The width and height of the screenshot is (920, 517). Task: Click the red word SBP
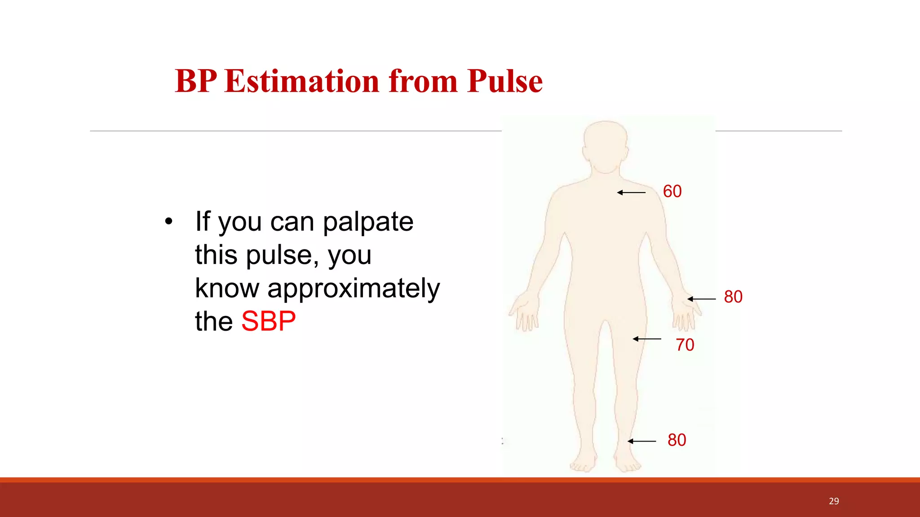(x=268, y=321)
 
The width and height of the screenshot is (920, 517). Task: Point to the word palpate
(x=368, y=222)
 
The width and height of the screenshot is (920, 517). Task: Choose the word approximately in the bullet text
(x=354, y=289)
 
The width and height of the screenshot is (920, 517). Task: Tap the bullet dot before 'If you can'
(x=168, y=221)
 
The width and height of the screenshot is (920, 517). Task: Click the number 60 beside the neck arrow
(x=672, y=192)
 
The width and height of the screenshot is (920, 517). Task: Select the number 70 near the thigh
(x=685, y=345)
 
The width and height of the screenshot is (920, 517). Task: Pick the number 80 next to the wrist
(x=733, y=297)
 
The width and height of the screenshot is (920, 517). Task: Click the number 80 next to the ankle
(x=677, y=440)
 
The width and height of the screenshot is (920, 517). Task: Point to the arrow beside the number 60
(x=631, y=193)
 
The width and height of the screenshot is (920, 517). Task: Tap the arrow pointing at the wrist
(x=701, y=299)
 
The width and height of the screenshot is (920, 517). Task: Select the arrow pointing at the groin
(x=647, y=339)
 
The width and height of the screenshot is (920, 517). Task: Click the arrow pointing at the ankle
(x=641, y=441)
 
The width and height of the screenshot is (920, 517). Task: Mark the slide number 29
(x=834, y=501)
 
